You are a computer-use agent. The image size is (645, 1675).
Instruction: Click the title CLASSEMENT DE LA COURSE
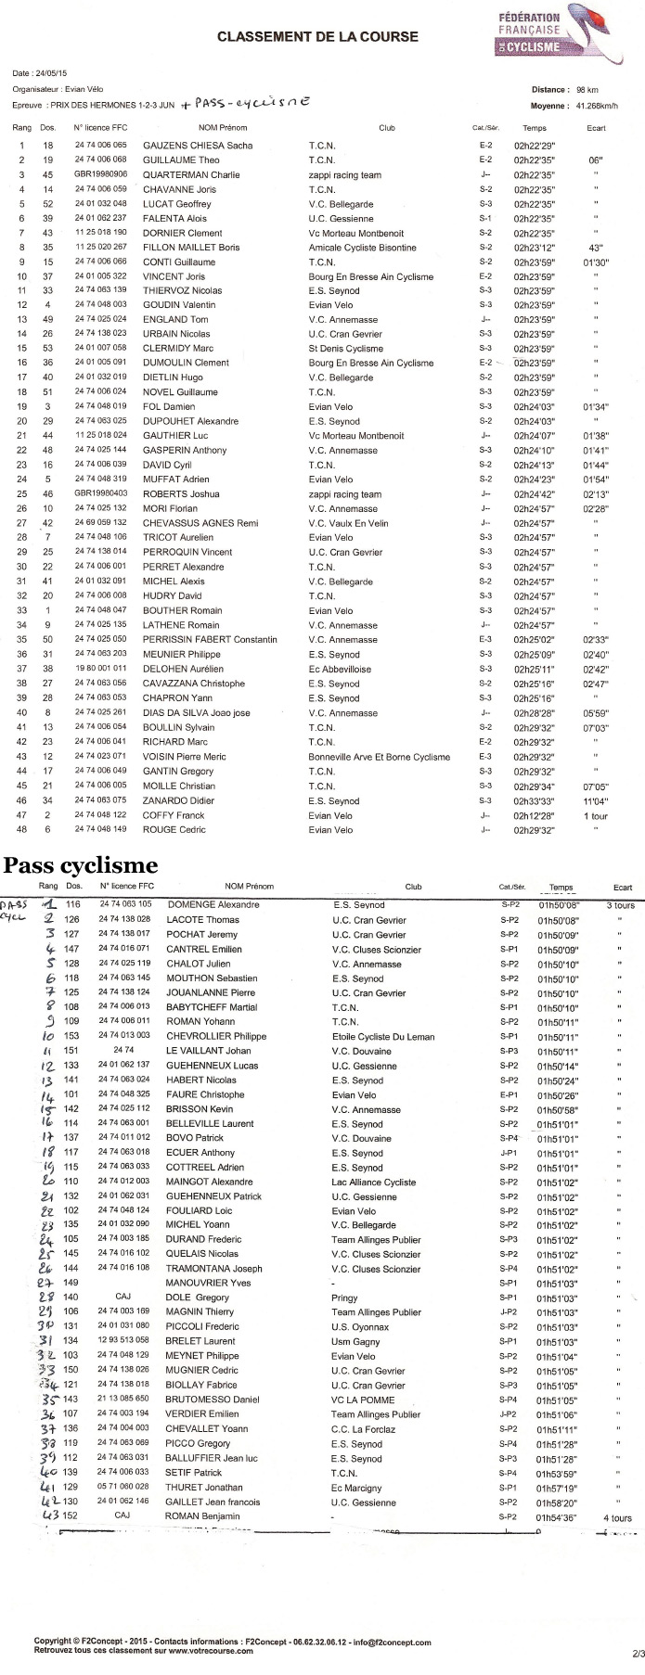tap(317, 37)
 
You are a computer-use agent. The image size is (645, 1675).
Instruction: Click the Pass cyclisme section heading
tap(81, 865)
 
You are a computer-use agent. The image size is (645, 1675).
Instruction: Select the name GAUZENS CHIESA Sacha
tap(197, 146)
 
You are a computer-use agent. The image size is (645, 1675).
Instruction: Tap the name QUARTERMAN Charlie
tap(191, 174)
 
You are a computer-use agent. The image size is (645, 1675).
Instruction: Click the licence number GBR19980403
tap(101, 494)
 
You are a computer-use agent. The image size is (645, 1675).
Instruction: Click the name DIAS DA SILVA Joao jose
tap(196, 713)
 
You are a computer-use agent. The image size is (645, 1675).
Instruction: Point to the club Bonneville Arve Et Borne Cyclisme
tap(379, 757)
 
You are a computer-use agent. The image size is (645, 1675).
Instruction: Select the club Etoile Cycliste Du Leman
tap(383, 1036)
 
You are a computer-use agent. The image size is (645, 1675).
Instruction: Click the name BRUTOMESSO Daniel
tap(213, 1399)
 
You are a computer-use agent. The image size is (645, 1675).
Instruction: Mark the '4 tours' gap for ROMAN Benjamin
tap(617, 1517)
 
